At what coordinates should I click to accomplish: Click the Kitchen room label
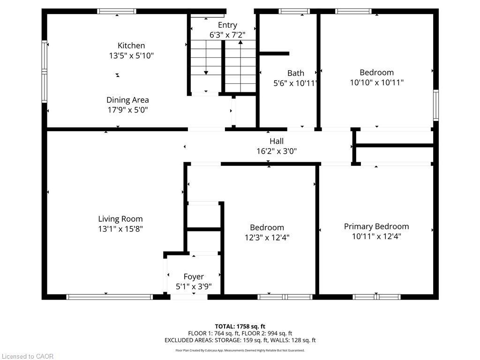coord(131,45)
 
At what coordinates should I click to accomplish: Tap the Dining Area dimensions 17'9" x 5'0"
coord(127,110)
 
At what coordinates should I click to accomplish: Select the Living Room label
coord(120,219)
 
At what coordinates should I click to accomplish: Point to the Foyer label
coord(194,277)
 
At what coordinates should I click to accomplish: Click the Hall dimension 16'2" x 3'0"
coord(277,151)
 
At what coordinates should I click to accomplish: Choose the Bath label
coord(295,73)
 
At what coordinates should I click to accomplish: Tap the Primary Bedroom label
coord(376,226)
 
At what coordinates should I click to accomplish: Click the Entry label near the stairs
coord(227,25)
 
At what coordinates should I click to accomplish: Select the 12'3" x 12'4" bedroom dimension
coord(267,238)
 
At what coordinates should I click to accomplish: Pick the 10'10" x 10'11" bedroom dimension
coord(376,82)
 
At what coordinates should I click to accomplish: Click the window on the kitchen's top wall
coord(117,11)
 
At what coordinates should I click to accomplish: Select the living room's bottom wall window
coord(110,297)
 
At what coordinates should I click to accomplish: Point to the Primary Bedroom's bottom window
coord(376,297)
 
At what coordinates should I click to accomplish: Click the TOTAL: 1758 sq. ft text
coord(240,326)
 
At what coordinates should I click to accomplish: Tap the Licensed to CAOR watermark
coord(27,356)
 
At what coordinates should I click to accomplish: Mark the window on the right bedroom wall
coord(435,105)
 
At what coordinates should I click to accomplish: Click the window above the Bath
coord(294,11)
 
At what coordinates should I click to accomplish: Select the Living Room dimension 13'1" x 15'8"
coord(120,229)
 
